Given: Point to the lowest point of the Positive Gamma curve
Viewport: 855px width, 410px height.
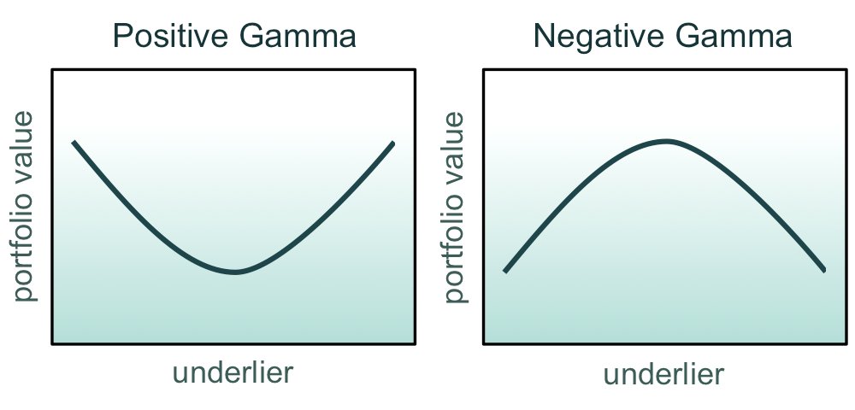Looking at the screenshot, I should click(x=234, y=272).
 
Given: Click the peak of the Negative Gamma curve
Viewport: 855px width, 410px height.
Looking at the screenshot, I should click(x=666, y=141).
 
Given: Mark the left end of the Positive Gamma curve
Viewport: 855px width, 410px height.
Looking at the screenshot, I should click(x=74, y=142).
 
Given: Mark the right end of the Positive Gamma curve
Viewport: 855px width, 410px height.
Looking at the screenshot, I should click(x=393, y=143).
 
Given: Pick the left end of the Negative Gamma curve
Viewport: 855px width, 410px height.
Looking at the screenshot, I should click(x=505, y=271).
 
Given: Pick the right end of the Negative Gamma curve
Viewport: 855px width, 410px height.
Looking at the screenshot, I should click(x=824, y=270).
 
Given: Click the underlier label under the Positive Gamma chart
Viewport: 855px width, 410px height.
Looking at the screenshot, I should click(x=233, y=372).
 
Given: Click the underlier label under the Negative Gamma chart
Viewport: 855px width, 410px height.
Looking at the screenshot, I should click(x=663, y=374).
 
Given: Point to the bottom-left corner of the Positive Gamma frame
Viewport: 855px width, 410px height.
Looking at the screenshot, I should click(x=54, y=343).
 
